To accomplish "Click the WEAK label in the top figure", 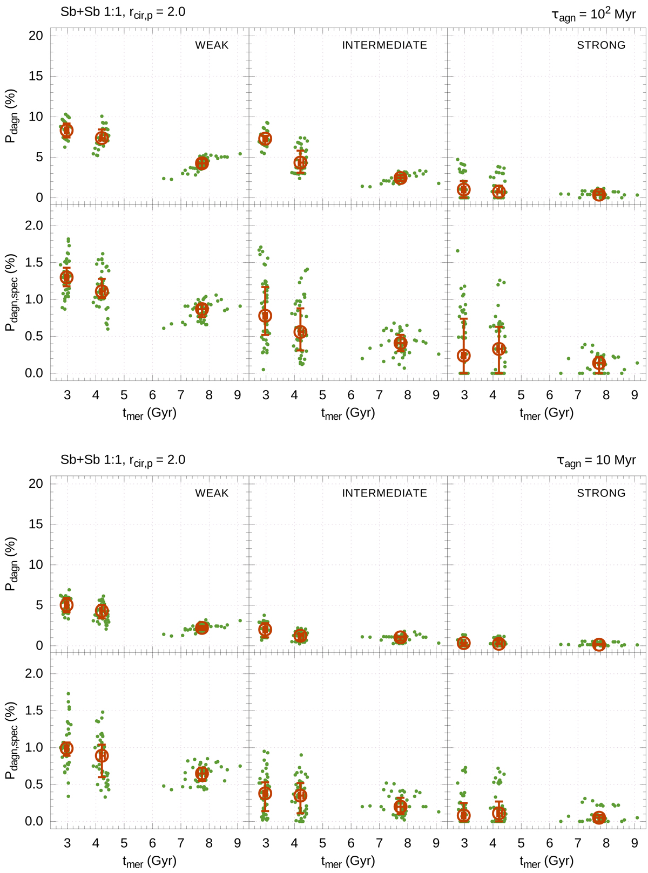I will point(212,45).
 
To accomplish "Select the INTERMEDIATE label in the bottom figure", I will point(384,493).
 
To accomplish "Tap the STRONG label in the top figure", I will point(601,45).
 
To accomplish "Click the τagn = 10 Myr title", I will point(596,460).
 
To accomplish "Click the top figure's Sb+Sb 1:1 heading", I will point(123,11).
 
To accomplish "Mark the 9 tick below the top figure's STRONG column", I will point(635,395).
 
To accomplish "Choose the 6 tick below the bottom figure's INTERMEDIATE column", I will point(351,843).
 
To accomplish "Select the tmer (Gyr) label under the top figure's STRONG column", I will point(546,414).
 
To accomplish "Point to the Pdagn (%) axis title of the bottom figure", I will point(12,564).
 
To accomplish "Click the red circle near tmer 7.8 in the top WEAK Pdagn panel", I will point(202,163).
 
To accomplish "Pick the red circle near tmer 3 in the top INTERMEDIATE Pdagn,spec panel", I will point(265,316).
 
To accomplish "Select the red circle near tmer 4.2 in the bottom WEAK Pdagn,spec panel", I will point(102,756).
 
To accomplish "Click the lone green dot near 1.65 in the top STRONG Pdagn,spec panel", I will point(458,251).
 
